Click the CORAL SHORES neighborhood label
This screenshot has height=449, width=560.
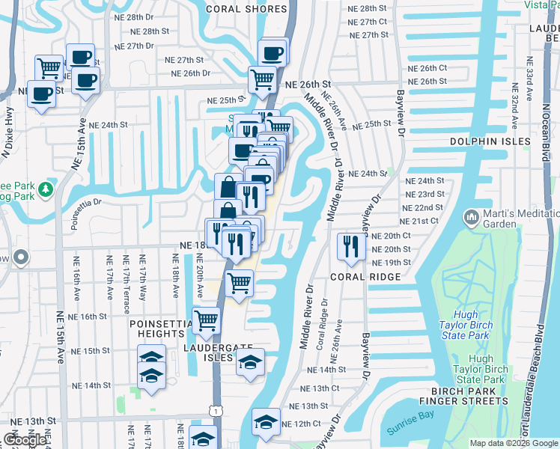pyautogui.click(x=246, y=9)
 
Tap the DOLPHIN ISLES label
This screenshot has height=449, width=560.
pyautogui.click(x=490, y=141)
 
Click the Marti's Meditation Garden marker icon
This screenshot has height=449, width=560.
pyautogui.click(x=471, y=218)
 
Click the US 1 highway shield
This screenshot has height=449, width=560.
pyautogui.click(x=216, y=410)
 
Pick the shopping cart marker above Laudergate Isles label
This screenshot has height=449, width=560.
pyautogui.click(x=207, y=320)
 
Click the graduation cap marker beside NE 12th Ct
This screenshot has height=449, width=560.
pyautogui.click(x=266, y=421)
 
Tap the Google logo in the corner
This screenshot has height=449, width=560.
pyautogui.click(x=25, y=440)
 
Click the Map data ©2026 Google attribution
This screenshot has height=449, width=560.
pyautogui.click(x=514, y=443)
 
